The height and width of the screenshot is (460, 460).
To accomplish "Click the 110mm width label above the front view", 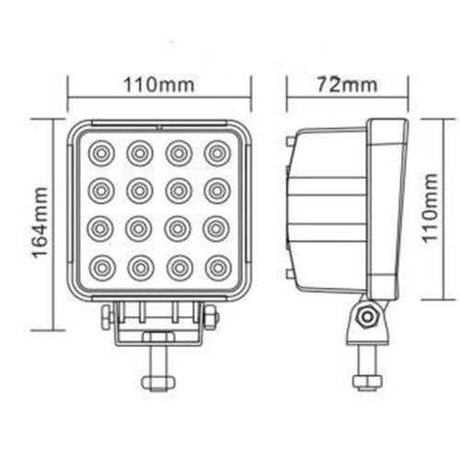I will coord(159,86).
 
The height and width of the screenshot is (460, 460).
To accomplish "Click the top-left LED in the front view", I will coord(101,152).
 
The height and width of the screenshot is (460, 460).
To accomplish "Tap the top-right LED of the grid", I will coord(217,152).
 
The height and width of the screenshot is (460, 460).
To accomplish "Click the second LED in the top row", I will coord(140,152).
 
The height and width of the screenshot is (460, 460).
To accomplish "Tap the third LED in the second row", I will coord(178,190).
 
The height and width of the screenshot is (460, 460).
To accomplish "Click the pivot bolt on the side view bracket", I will coord(368,316).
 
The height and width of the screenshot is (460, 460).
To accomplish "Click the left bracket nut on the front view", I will coord(107,317).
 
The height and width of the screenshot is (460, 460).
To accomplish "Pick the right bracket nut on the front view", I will coord(211,317).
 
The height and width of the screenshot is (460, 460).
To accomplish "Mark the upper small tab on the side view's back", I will coord(291,143).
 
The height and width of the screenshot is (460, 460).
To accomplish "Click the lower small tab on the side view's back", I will coord(291,273).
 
